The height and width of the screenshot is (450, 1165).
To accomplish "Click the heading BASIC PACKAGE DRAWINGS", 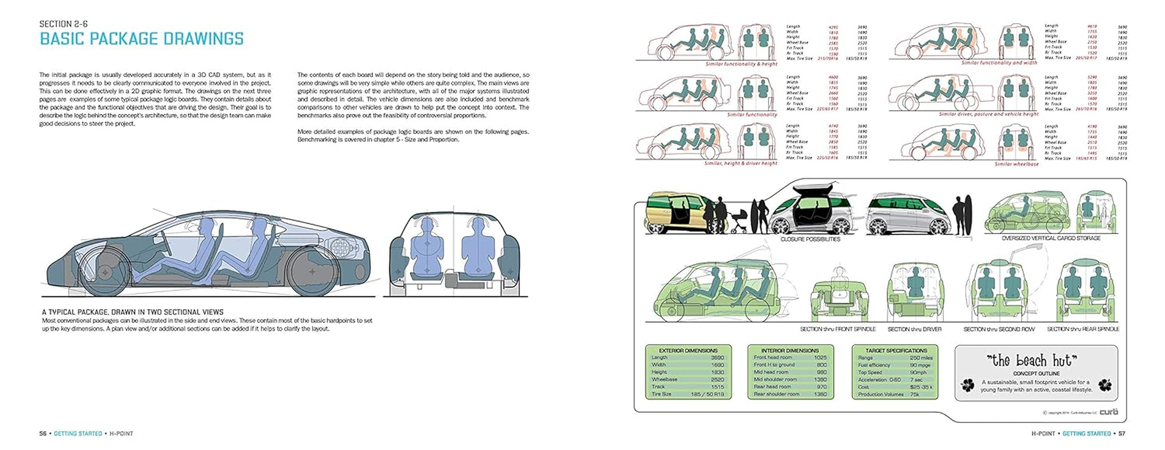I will pos(141,39).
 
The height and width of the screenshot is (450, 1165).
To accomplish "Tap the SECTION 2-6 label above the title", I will pos(64,24).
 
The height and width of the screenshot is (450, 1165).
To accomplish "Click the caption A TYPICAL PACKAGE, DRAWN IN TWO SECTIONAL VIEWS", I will pos(133,312).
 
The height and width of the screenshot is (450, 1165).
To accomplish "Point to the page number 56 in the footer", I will pos(43,434).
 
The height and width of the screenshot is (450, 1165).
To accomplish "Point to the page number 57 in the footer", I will pos(1121,434).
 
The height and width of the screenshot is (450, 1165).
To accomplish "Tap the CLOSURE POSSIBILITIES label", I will pos(810,239).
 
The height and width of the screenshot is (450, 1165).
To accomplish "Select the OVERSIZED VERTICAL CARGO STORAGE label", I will pos(1051,238).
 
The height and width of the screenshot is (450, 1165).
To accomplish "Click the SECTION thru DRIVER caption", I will pos(914,329).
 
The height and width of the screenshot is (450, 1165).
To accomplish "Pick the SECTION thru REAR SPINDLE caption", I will pos(1083,329).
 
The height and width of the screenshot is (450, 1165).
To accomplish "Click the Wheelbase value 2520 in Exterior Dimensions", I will pos(717,380).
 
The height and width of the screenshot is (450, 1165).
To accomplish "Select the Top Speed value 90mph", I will pos(918,372).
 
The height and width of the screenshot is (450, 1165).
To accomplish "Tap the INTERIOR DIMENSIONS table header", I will pos(789,350).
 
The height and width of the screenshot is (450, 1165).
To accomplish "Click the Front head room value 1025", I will pos(820,358).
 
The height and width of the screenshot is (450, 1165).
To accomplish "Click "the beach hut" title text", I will pos(1032,361).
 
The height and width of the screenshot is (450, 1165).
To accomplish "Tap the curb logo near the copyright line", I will pos(1109,412).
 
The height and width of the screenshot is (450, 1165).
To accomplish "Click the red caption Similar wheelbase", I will pos(1017,164).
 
